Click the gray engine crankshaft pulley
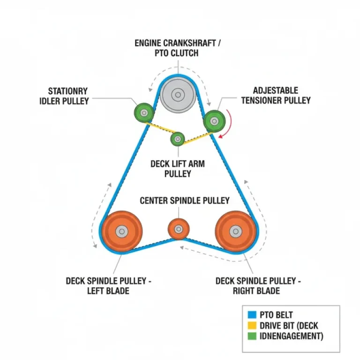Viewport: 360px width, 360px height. click(x=177, y=95)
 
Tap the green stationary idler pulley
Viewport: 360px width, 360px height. click(x=144, y=112)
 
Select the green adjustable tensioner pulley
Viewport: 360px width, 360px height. click(x=214, y=121)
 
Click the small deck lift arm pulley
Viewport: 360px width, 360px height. click(x=178, y=138)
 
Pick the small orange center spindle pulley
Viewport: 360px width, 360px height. click(x=179, y=229)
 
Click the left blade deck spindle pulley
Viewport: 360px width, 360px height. click(x=122, y=231)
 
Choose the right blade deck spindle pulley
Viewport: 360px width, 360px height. click(x=235, y=231)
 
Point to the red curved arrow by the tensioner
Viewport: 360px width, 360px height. click(x=228, y=123)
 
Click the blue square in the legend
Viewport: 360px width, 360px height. click(x=251, y=315)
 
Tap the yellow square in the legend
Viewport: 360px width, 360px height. click(x=251, y=325)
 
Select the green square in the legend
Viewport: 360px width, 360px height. click(x=251, y=336)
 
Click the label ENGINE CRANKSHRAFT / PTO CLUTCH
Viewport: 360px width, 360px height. click(x=177, y=48)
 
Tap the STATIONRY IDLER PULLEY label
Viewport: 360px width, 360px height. click(x=68, y=96)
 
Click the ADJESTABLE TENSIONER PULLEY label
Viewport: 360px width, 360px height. click(x=282, y=95)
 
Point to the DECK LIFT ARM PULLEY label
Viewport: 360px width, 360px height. click(x=178, y=169)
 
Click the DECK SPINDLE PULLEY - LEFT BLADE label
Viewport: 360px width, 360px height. click(x=109, y=286)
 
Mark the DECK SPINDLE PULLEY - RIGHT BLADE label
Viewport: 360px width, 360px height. click(x=258, y=286)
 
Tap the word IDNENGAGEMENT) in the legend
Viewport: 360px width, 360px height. click(x=290, y=336)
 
